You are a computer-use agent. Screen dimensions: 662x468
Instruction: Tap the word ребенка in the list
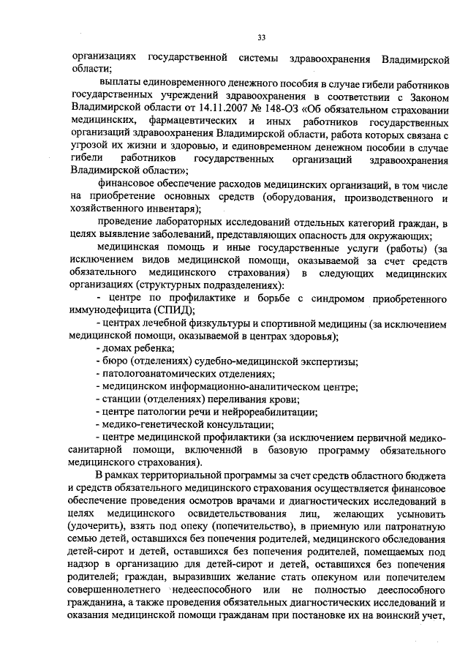coord(146,349)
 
